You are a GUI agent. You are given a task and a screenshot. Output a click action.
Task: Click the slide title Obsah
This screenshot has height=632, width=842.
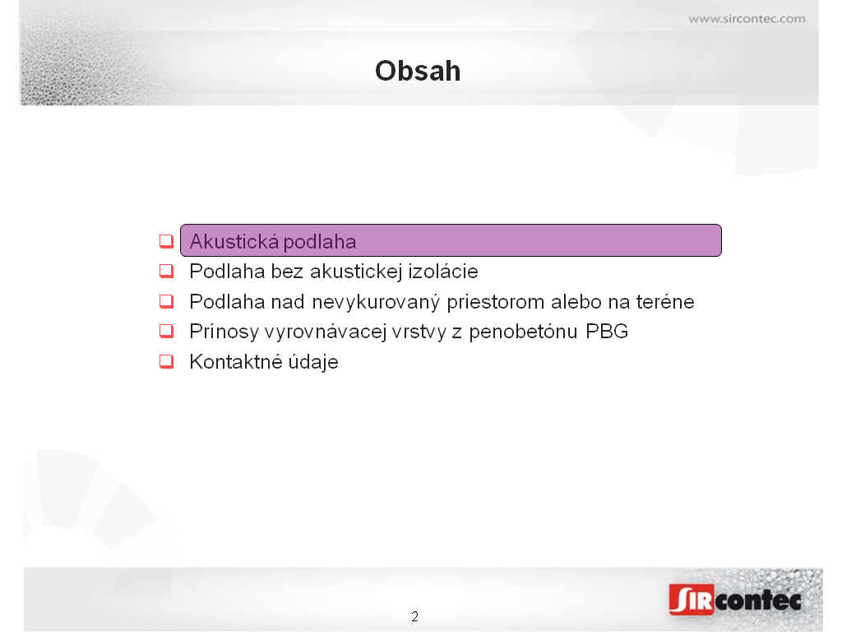pos(418,71)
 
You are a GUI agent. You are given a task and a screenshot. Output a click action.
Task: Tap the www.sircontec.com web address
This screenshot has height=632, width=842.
pos(747,19)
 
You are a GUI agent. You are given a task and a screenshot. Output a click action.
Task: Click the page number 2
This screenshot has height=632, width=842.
pos(414,616)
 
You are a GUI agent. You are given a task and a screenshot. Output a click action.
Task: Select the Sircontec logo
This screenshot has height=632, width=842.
pos(735,599)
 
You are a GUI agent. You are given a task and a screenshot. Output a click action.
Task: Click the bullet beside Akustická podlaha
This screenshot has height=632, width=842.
pos(166,241)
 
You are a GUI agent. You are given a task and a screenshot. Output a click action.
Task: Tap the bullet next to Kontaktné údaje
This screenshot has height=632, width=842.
pos(166,361)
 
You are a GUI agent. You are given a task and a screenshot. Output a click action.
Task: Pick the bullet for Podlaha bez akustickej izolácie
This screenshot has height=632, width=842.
pos(166,271)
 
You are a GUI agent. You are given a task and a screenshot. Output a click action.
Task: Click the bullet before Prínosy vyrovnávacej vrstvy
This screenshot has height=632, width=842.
pos(166,331)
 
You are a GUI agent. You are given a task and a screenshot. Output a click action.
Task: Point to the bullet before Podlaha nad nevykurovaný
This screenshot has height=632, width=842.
pos(166,301)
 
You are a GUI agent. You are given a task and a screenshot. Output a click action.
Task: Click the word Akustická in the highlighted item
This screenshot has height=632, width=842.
pos(234,241)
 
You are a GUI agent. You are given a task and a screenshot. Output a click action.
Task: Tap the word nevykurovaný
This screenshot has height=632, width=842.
pos(376,303)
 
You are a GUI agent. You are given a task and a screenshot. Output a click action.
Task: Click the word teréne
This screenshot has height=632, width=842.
pos(665,301)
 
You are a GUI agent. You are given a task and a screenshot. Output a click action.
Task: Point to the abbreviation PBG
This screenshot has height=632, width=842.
pos(607,332)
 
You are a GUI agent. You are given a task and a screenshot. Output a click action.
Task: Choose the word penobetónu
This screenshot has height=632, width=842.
pos(523,332)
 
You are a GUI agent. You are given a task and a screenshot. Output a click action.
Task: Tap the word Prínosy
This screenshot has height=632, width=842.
pos(224,332)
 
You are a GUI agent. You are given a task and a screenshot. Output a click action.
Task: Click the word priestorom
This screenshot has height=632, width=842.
pos(495,303)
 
